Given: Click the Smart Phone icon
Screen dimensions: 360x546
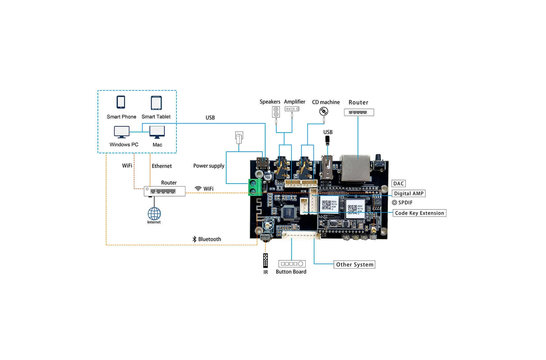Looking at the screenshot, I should [121, 103].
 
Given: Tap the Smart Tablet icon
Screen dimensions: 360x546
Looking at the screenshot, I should [157, 103].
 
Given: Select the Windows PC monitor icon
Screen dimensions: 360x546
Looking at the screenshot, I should [121, 132].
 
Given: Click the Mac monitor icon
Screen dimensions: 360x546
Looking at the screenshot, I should [157, 132].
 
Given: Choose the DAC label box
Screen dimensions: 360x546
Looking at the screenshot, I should [399, 183].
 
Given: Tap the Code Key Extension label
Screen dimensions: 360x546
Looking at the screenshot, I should [420, 213].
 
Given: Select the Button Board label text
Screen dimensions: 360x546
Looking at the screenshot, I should [292, 271].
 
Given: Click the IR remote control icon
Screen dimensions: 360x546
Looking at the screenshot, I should [265, 264].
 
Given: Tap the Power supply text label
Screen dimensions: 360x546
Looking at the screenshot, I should [210, 166].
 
